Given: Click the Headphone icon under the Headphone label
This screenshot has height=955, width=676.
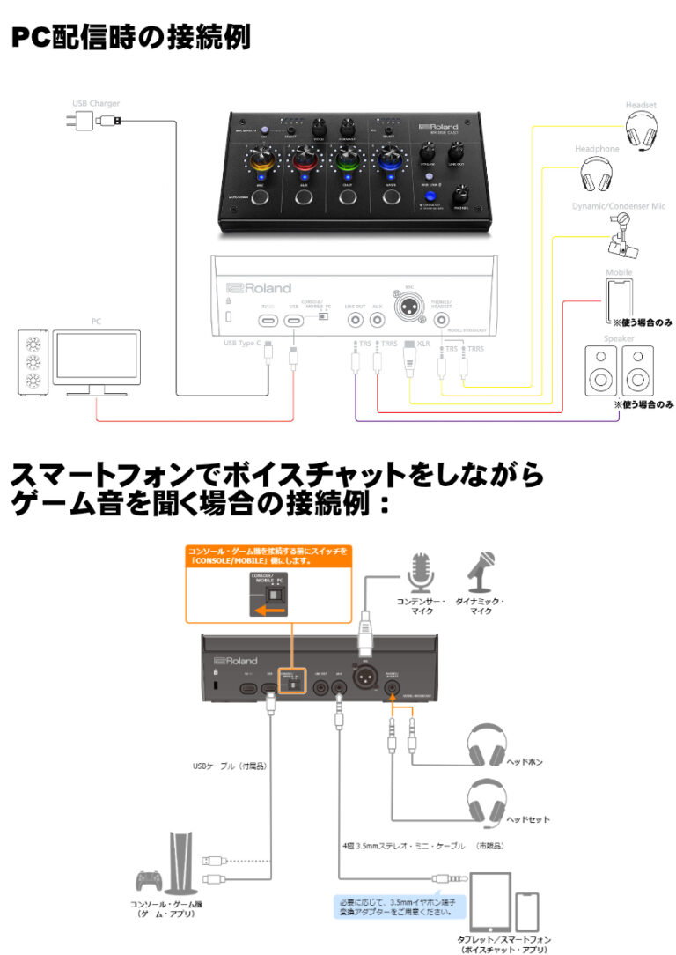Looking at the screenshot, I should [599, 174].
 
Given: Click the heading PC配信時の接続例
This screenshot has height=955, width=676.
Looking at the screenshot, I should [131, 38].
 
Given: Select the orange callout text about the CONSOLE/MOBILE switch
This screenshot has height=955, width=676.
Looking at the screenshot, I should [268, 557].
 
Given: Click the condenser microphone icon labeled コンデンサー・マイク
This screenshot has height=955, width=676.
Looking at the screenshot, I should [419, 573].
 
